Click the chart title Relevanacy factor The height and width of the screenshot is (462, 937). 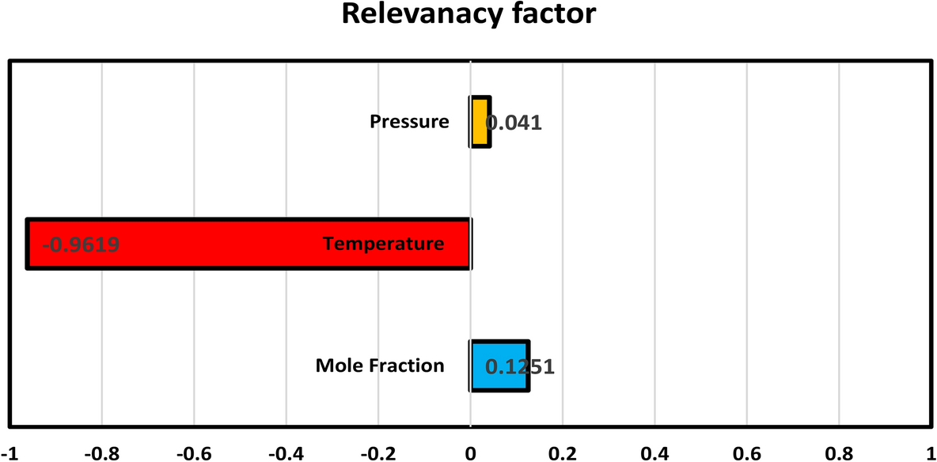[468, 15]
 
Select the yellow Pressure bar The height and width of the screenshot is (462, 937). [480, 122]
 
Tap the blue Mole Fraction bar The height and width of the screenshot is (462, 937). [500, 365]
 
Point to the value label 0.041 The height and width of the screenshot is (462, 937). [514, 123]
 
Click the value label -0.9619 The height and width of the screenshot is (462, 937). [82, 244]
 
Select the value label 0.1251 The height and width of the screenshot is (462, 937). [519, 367]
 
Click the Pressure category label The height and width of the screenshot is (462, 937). [409, 122]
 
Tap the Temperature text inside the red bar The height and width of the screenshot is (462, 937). [383, 244]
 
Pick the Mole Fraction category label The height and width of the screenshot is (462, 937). [380, 365]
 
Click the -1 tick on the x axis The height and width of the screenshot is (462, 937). [6, 453]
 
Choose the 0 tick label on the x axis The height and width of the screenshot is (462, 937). [470, 453]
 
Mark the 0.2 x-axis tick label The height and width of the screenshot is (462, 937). [562, 453]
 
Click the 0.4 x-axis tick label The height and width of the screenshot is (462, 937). [654, 453]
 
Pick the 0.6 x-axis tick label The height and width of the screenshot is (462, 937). [746, 453]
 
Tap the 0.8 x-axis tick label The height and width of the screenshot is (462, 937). [838, 453]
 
